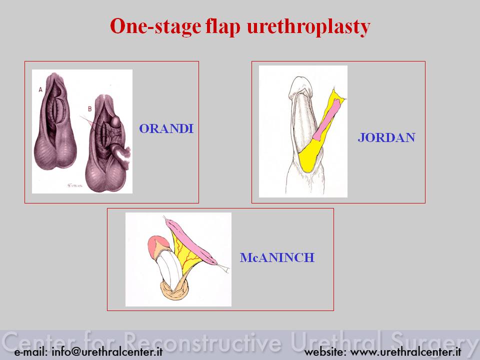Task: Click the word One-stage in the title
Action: pos(155,26)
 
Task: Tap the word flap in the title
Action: pos(223,27)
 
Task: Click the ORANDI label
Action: pos(166,128)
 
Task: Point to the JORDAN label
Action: pos(386,137)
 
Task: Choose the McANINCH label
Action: pos(277,257)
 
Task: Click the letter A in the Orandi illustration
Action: pos(40,89)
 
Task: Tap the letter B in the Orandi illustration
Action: pos(89,108)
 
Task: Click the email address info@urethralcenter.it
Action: pos(107,351)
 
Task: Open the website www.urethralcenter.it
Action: pos(405,351)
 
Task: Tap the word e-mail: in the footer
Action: pos(31,351)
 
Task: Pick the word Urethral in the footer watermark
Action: pos(336,341)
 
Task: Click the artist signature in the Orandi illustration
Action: pos(75,185)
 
